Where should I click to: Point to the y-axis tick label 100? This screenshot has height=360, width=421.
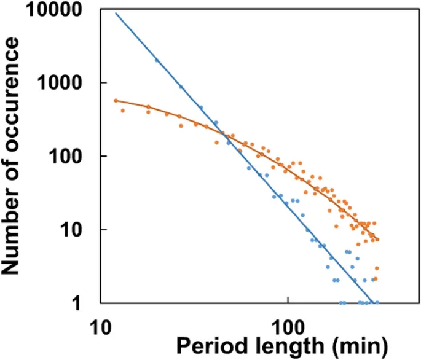point(73,156)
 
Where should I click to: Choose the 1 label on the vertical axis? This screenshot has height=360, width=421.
point(87,303)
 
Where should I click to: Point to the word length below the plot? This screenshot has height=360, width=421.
point(286,344)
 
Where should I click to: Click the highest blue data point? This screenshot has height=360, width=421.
point(157,60)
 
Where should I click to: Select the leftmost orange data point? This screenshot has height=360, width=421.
point(116,100)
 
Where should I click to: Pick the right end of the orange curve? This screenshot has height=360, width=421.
point(377,240)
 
